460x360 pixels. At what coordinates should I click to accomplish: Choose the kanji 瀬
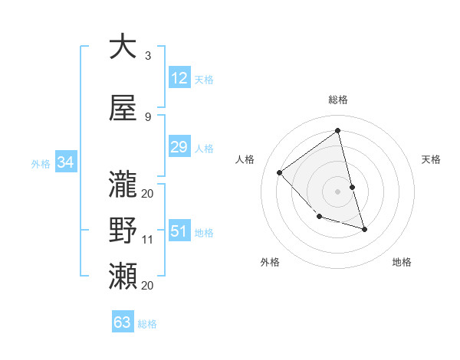click(123, 273)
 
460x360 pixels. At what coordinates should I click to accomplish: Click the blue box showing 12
click(179, 78)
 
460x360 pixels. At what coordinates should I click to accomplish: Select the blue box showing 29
click(179, 147)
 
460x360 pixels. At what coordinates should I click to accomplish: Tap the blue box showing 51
click(179, 231)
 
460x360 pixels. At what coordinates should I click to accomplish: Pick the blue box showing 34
click(65, 162)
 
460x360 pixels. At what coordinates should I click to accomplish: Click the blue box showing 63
click(123, 322)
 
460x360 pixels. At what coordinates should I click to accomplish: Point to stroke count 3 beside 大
click(148, 56)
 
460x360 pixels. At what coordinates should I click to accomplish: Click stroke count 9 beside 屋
click(148, 117)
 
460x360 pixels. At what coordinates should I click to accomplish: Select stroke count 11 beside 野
click(148, 240)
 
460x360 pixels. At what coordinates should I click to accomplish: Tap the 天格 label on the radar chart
click(432, 159)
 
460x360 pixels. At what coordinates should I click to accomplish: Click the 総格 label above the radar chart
click(337, 100)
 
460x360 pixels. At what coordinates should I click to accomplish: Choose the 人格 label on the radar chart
click(245, 159)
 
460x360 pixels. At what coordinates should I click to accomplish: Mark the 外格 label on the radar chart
click(270, 262)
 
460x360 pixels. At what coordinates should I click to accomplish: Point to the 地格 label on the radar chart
click(402, 262)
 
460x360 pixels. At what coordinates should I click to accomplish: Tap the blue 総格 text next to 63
click(147, 324)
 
